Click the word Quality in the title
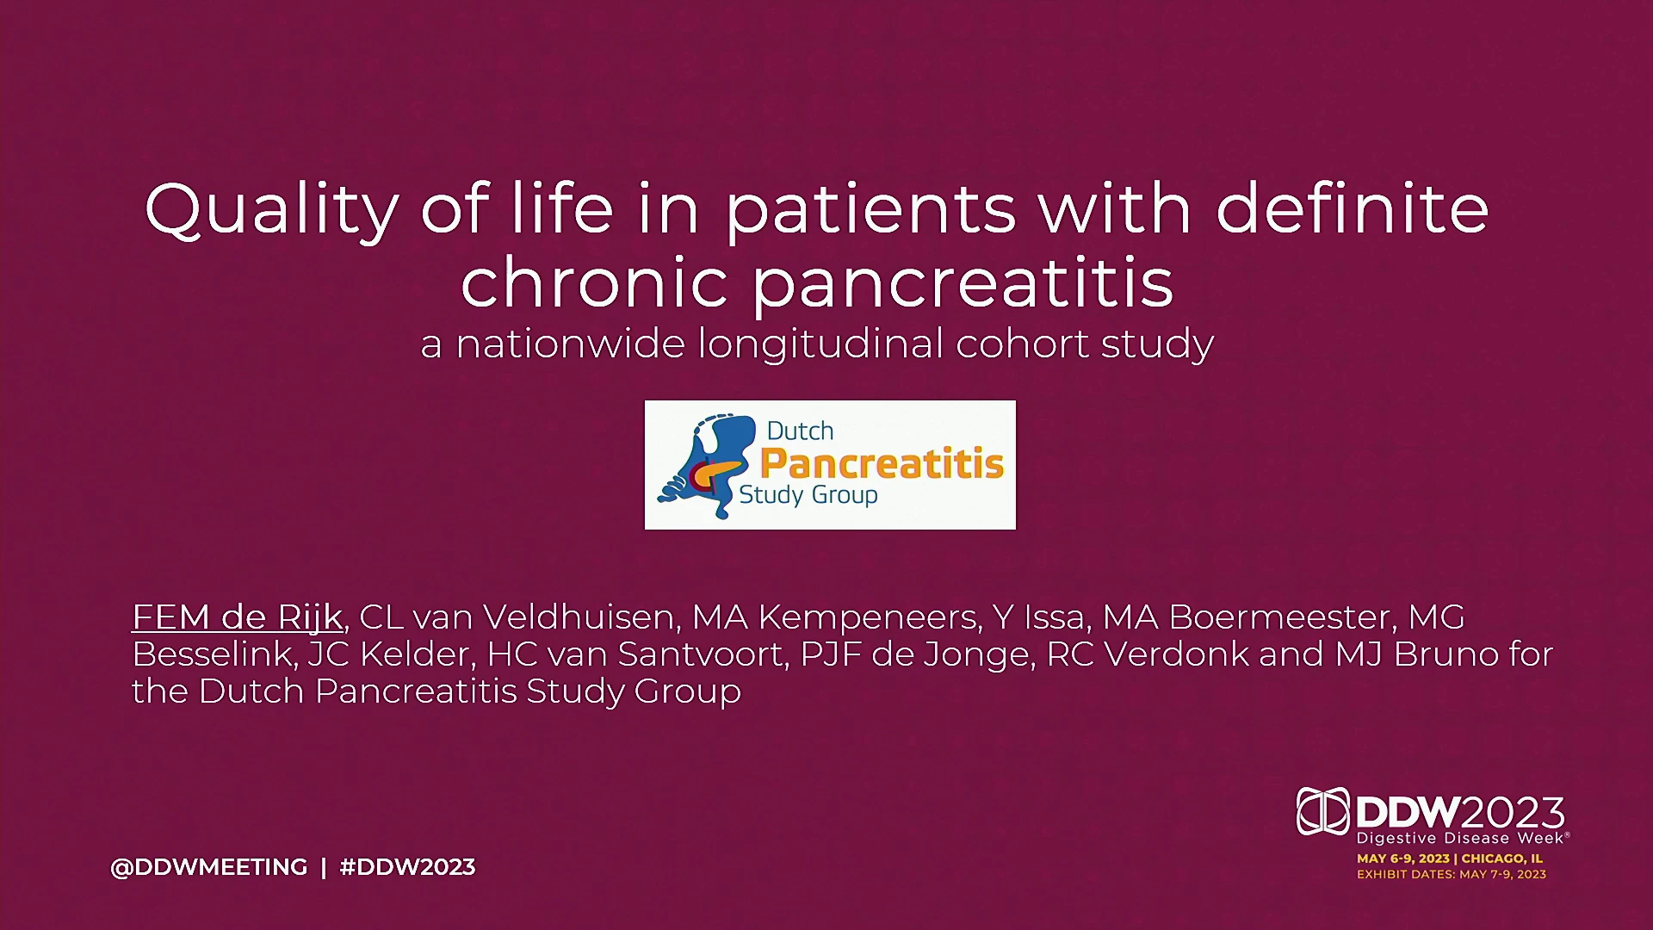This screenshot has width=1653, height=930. point(271,209)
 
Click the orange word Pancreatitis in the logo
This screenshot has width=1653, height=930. point(882,463)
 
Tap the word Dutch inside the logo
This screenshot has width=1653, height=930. point(800,431)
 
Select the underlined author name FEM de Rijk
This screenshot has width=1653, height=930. point(238,617)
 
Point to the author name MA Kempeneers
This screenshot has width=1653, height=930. point(837,617)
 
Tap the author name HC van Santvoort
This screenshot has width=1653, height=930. point(638,654)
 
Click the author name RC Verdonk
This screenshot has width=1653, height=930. point(1147,654)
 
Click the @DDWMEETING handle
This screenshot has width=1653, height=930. point(209,866)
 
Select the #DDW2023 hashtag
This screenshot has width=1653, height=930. point(407,866)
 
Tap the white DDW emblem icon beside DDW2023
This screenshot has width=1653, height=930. point(1322,811)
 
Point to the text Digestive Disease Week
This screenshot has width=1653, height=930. point(1459,838)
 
